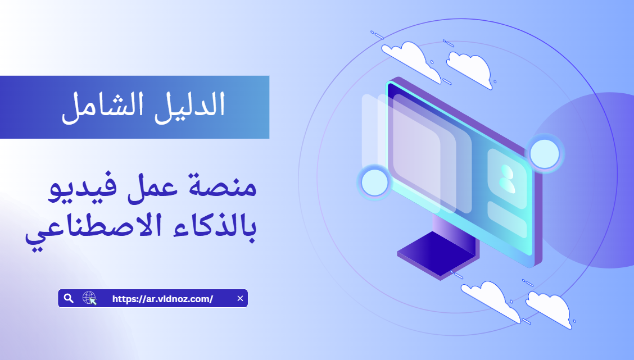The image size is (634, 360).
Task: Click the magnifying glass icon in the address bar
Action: (x=69, y=298)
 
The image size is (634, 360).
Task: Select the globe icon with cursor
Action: (x=89, y=298)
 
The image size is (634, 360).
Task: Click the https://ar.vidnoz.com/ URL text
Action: (x=162, y=299)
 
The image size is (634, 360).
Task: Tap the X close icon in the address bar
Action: (x=240, y=298)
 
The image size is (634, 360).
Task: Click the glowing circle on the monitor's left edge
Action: (x=374, y=183)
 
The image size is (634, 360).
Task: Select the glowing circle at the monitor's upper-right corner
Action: (x=544, y=153)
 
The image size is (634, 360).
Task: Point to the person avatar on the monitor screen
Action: (x=506, y=179)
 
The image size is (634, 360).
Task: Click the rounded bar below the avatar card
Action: (x=507, y=220)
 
